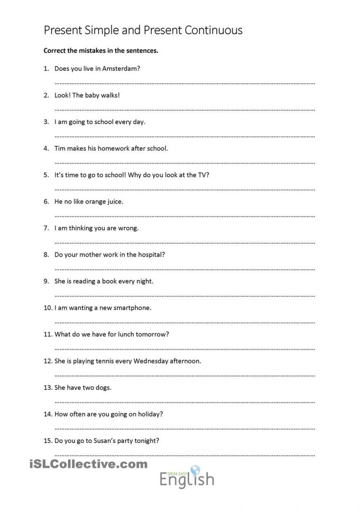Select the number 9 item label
[x=46, y=281]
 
